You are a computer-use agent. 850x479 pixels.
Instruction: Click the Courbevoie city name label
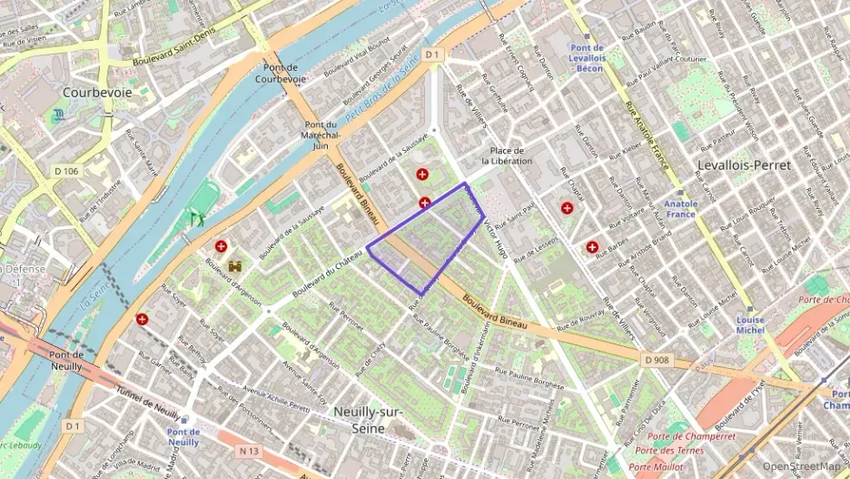click(96, 93)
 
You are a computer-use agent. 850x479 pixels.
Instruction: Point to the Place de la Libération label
click(507, 155)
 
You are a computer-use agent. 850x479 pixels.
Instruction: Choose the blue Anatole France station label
click(681, 210)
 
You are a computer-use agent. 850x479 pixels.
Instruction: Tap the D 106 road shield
click(66, 171)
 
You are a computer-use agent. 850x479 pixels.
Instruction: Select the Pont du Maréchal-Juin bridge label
click(320, 135)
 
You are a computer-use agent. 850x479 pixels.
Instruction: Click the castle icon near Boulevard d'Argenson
click(236, 267)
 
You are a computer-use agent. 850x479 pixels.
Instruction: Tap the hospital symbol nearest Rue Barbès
click(592, 246)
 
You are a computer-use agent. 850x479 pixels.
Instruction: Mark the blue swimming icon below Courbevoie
click(59, 115)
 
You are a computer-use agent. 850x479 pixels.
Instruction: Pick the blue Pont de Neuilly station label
click(183, 437)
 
